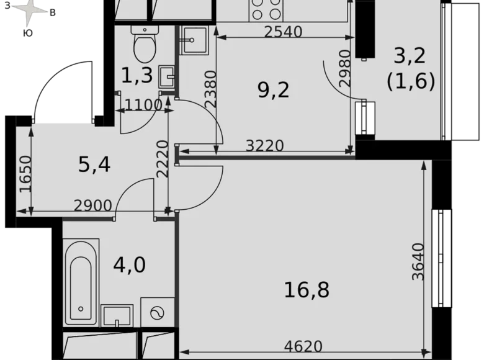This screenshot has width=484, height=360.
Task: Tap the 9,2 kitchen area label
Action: pyautogui.click(x=274, y=91)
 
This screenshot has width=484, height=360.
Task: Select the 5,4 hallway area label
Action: pyautogui.click(x=94, y=164)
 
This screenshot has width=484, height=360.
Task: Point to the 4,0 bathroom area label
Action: pyautogui.click(x=129, y=265)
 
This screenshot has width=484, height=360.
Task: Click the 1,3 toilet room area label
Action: pyautogui.click(x=137, y=75)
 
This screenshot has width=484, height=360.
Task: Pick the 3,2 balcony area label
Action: pyautogui.click(x=410, y=56)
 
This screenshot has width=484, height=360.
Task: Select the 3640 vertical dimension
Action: pyautogui.click(x=419, y=261)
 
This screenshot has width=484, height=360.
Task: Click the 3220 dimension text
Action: pyautogui.click(x=264, y=146)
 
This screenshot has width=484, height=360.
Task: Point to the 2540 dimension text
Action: pyautogui.click(x=283, y=32)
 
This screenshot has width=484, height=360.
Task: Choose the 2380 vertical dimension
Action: pyautogui.click(x=211, y=89)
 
